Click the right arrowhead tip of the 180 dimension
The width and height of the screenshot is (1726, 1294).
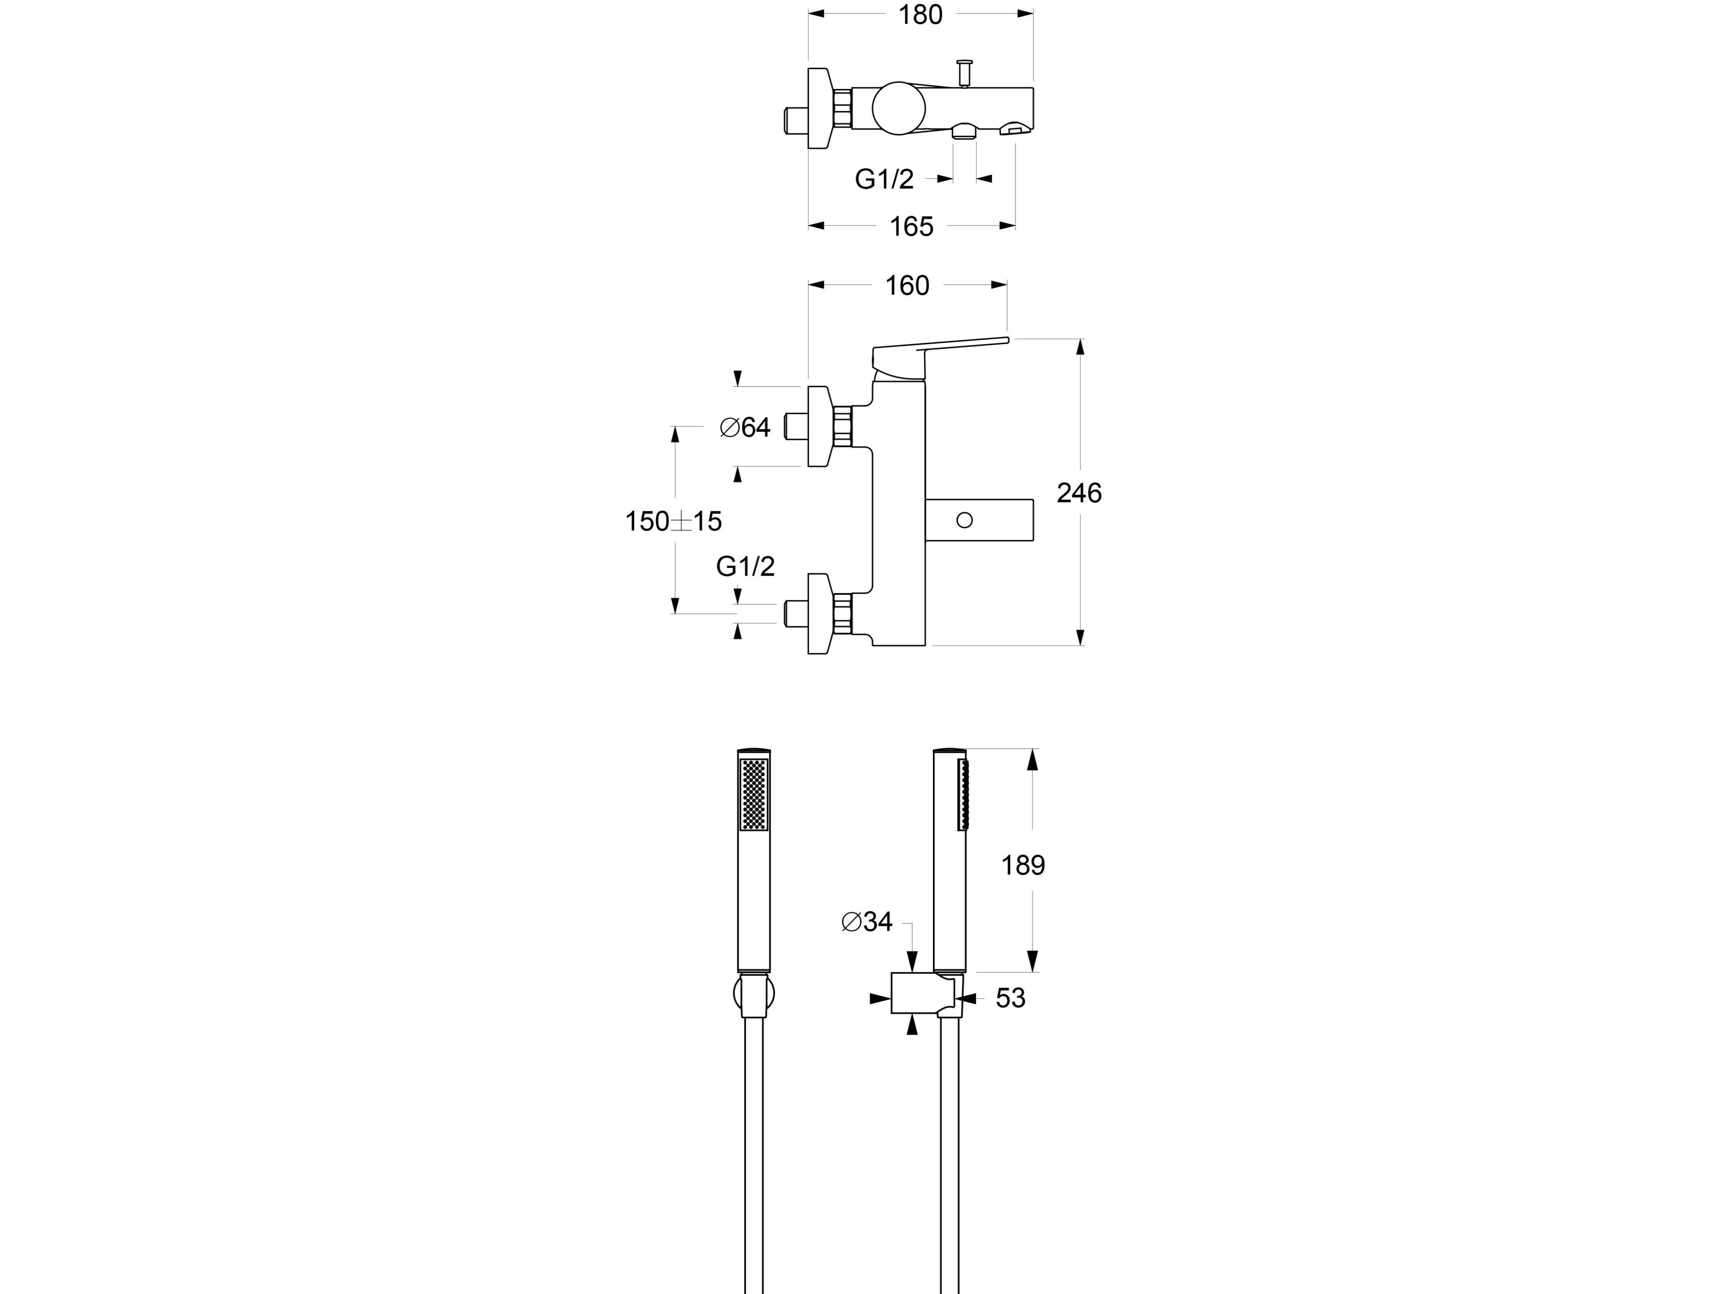click(1033, 13)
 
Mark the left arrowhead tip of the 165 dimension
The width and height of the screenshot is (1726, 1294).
click(808, 226)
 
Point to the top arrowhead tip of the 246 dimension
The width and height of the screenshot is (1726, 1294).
click(1080, 339)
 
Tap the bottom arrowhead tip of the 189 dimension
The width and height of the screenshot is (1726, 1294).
click(1032, 972)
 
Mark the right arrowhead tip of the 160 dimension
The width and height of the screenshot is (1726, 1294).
click(1007, 285)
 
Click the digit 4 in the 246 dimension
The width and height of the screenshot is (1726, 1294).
click(1079, 493)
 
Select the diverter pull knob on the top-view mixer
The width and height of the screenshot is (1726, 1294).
click(964, 74)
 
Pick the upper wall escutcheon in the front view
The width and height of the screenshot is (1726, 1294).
click(819, 426)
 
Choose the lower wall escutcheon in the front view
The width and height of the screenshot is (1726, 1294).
click(819, 613)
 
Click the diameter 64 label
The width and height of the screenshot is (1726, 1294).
click(745, 427)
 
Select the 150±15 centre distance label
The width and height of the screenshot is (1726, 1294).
click(673, 521)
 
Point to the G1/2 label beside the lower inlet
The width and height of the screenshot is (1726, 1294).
click(745, 566)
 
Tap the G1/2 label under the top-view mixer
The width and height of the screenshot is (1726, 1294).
click(884, 179)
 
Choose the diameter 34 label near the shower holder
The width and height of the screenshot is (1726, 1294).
click(867, 922)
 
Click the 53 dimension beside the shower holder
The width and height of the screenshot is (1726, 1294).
click(1011, 998)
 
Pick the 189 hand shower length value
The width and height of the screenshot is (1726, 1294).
click(1023, 865)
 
